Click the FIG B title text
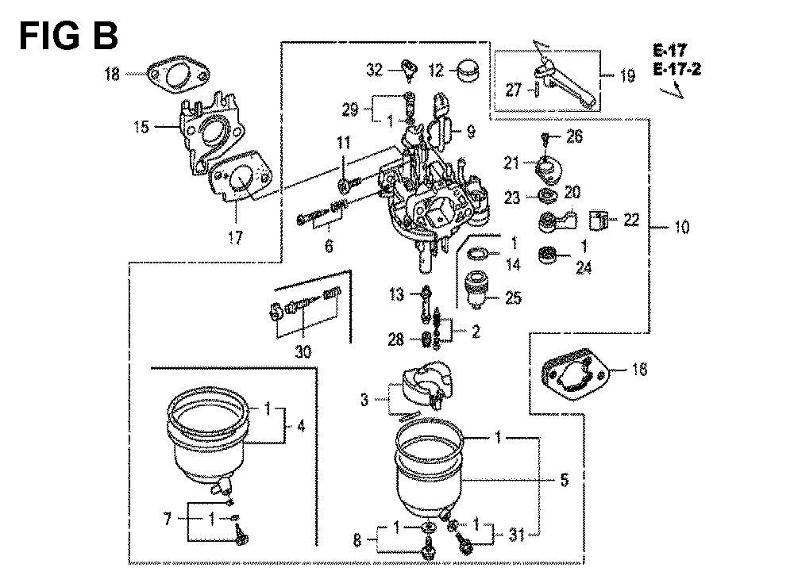(68, 36)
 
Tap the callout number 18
(112, 74)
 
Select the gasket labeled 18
(178, 76)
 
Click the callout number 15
(142, 126)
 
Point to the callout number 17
(235, 237)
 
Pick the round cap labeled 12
(468, 71)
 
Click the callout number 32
(375, 69)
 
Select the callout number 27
(514, 90)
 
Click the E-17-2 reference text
(677, 69)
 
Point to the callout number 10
(682, 227)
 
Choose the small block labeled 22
(599, 221)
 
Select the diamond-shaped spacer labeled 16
(575, 373)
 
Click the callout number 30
(303, 351)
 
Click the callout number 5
(564, 480)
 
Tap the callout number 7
(168, 519)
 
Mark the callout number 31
(517, 535)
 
